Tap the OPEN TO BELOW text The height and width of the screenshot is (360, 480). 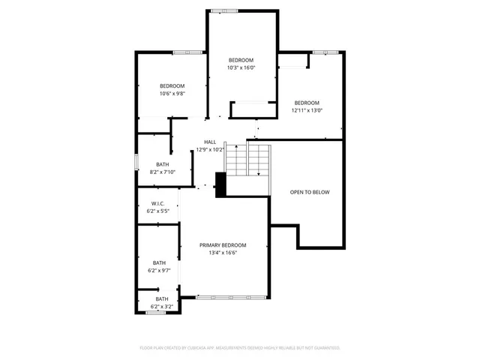tap(310, 193)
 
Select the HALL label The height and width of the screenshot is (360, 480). tap(210, 142)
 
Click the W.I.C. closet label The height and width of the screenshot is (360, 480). tap(157, 204)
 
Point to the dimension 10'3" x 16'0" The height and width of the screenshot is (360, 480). tap(241, 67)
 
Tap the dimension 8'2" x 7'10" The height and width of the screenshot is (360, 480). tap(162, 172)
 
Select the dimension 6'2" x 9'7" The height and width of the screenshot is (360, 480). tap(159, 270)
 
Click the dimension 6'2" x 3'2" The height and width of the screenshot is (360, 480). tap(162, 307)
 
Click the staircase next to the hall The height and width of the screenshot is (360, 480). tap(248, 159)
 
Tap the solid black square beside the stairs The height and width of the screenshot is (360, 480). tap(220, 184)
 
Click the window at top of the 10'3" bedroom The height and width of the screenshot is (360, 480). tap(225, 10)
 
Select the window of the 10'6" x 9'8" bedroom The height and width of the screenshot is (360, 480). tap(184, 52)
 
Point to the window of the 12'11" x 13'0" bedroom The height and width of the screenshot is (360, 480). tap(325, 52)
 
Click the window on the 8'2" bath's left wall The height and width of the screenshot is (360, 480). tap(136, 161)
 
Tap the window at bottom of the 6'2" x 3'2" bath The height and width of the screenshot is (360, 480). tap(155, 313)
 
